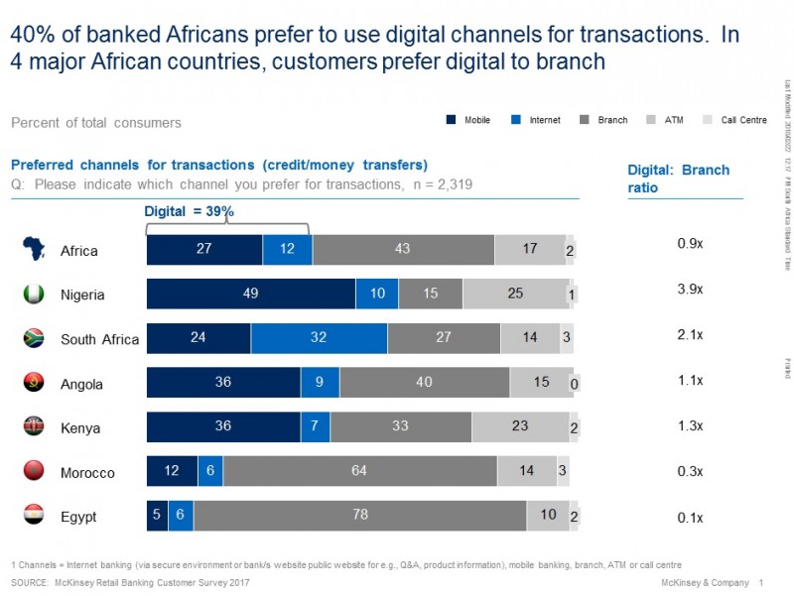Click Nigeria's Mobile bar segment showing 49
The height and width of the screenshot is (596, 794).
pos(251,295)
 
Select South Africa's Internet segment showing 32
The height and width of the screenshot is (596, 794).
pos(319,338)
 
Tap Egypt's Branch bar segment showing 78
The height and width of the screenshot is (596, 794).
pos(359,516)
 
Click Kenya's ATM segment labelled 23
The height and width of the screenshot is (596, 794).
pos(519,426)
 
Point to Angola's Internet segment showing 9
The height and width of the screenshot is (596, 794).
pos(320,383)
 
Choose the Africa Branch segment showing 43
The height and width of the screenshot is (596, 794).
pos(403,250)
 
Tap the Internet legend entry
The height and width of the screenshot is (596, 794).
pos(536,121)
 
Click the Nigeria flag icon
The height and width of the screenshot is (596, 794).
pos(33,295)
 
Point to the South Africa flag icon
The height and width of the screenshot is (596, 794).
pos(33,338)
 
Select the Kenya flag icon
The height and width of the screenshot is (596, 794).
pos(33,426)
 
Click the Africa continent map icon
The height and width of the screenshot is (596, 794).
pos(33,250)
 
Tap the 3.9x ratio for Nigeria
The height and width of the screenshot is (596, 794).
pos(690,289)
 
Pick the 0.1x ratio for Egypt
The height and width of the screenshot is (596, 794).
pos(690,517)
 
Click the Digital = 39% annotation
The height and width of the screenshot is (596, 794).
pos(190,211)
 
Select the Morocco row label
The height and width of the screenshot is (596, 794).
pos(87,473)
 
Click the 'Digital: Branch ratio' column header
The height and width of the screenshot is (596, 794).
pos(692,179)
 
